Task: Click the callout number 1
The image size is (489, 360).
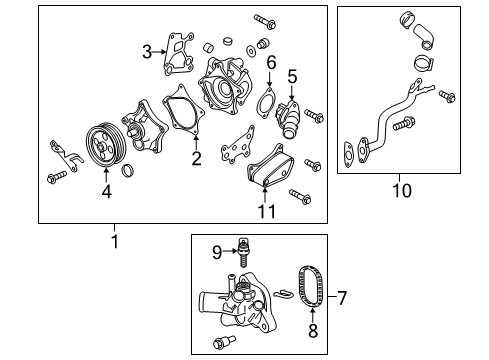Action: coord(113,241)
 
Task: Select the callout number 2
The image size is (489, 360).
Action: coord(196,158)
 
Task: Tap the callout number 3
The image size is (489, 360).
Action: coord(146,51)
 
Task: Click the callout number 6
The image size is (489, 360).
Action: coord(270,63)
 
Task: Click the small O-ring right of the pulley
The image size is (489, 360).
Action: coord(128,175)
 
